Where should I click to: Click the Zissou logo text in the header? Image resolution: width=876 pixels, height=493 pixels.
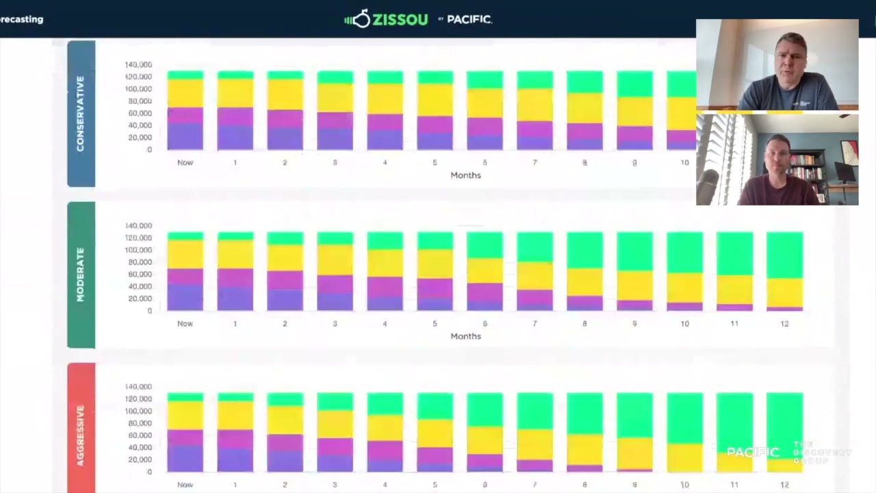(389, 19)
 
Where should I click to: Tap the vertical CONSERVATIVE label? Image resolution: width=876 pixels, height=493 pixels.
(81, 114)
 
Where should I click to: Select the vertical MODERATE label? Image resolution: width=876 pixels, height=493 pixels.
(81, 275)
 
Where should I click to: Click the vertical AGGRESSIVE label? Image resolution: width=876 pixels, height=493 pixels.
(81, 435)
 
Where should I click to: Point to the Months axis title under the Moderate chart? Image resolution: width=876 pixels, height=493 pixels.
(465, 336)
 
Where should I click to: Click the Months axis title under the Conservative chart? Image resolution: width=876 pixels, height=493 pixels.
(465, 175)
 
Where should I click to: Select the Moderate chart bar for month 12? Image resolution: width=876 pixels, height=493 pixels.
(784, 271)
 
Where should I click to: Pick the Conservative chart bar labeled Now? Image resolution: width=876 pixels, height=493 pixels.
(185, 110)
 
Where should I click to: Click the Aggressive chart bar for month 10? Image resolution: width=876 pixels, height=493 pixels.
(684, 432)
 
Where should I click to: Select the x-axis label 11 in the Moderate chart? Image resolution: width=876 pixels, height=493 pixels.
(734, 323)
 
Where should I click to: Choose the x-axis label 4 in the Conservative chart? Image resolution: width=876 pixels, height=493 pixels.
(385, 162)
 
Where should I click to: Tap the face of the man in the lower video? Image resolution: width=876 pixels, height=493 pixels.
(777, 158)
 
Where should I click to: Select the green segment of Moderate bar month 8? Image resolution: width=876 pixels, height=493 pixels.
(584, 250)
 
